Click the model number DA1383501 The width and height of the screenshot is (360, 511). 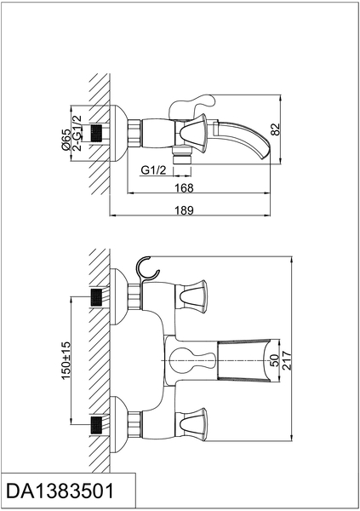[x=60, y=491]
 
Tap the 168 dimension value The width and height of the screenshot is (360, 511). [x=184, y=188]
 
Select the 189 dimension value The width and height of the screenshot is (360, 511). [x=185, y=210]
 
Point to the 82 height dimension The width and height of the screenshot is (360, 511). [x=275, y=129]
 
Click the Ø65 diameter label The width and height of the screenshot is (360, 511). [x=66, y=140]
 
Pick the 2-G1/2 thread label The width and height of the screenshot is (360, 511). [x=77, y=133]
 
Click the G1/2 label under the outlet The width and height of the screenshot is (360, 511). [x=153, y=169]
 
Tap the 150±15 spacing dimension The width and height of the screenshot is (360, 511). [x=66, y=360]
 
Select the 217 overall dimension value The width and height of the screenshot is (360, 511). [x=286, y=360]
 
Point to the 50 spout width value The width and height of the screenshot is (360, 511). [x=275, y=360]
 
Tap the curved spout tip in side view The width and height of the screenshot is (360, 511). [x=265, y=153]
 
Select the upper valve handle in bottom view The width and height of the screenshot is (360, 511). [x=191, y=296]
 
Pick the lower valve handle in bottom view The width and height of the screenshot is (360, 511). [x=191, y=424]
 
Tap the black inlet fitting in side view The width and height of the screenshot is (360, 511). [x=96, y=134]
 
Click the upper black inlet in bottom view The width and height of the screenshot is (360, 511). [x=96, y=297]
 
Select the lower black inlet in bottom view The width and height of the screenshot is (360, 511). [x=96, y=425]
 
